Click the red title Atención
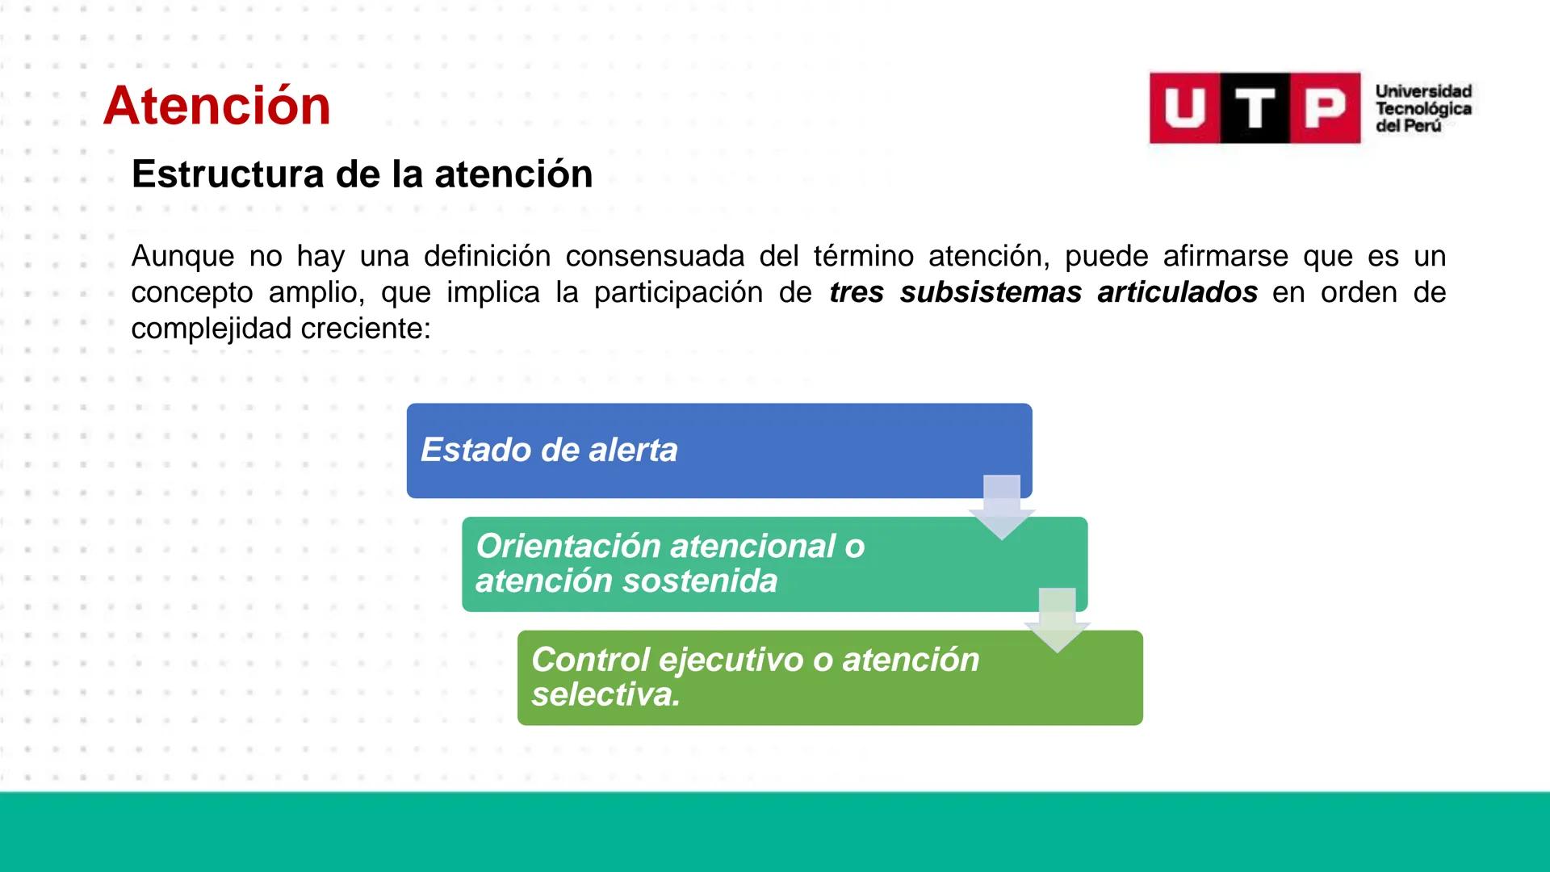(216, 106)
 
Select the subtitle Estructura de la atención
(362, 174)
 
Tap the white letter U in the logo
(1184, 108)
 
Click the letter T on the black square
(1255, 108)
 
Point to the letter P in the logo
(1325, 108)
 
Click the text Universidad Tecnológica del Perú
(1423, 108)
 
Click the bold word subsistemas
(991, 292)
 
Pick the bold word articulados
(1177, 292)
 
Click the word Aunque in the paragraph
(182, 257)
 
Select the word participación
(678, 292)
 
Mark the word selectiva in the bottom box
(605, 694)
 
